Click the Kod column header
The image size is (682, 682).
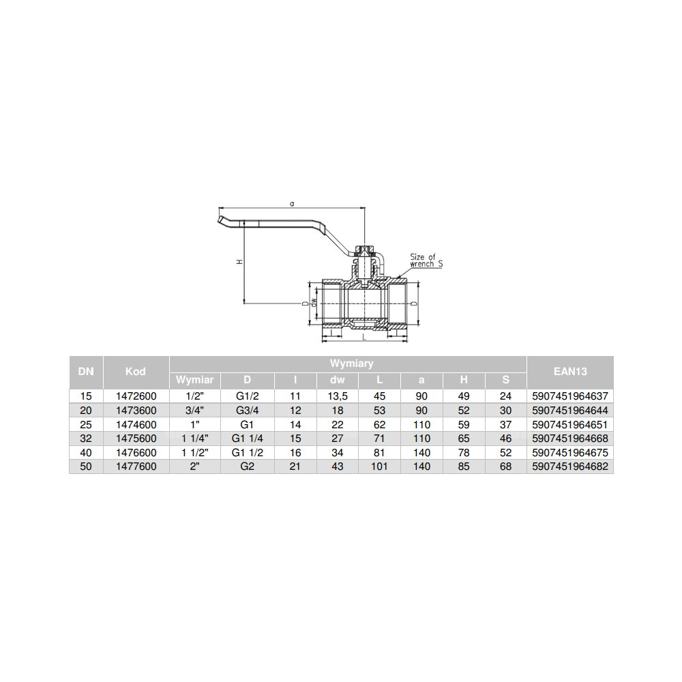click(135, 372)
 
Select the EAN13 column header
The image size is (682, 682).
click(569, 372)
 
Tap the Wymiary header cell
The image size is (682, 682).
click(351, 364)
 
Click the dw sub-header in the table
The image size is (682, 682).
click(337, 380)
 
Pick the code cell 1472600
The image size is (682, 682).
click(136, 396)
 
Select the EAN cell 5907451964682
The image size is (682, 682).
click(569, 466)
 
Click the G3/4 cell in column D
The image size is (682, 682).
click(247, 410)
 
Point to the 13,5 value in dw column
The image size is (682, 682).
click(337, 396)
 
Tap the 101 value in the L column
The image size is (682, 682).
click(379, 466)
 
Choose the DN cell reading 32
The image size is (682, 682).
click(86, 439)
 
